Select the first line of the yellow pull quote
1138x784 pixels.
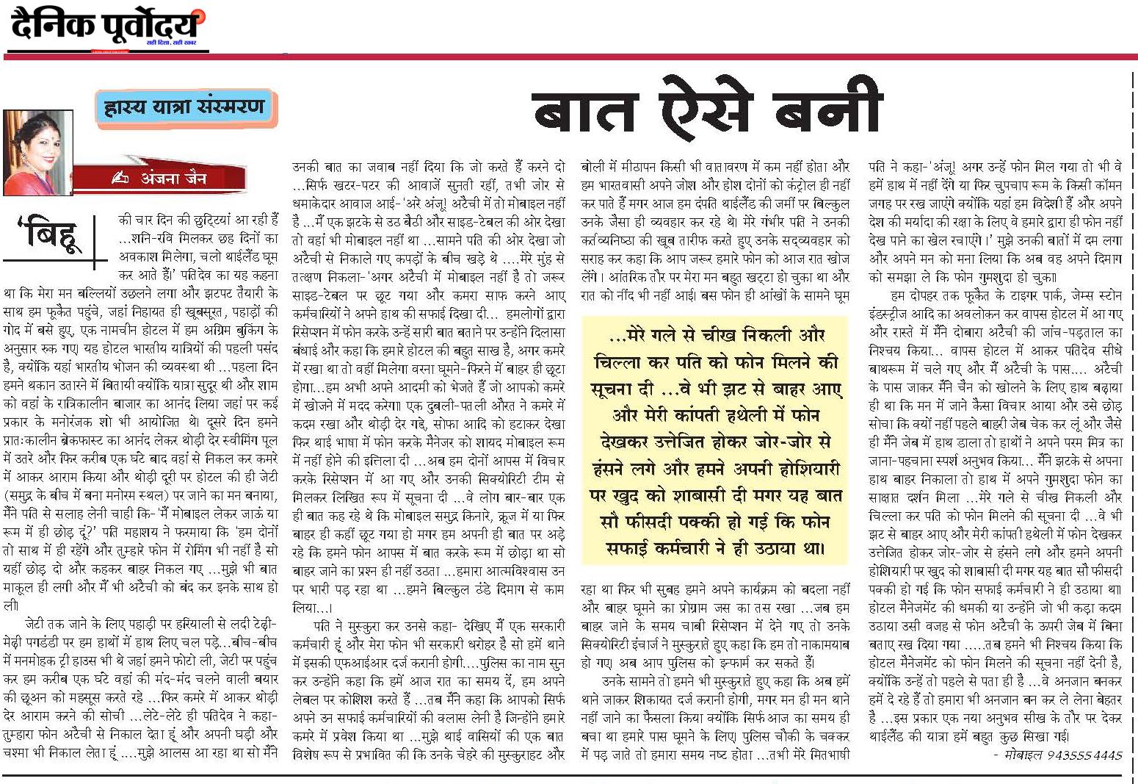[717, 336]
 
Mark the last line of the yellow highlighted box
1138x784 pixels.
[717, 547]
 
